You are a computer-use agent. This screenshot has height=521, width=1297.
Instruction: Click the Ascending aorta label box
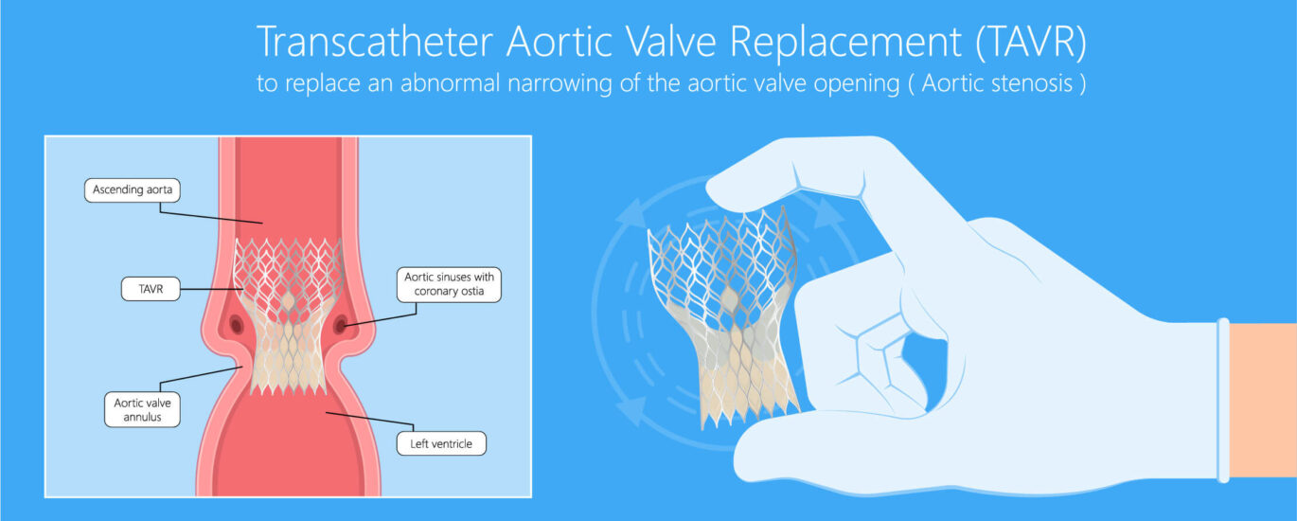132,190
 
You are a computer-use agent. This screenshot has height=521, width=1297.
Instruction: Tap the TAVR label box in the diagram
151,289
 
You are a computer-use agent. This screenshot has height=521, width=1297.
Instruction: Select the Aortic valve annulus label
142,410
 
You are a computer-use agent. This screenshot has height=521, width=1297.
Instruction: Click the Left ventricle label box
441,443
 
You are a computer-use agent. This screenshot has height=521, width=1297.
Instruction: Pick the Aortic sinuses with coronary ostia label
449,284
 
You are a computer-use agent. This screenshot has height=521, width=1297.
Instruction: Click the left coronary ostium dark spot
237,325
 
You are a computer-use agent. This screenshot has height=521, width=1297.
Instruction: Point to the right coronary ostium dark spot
341,325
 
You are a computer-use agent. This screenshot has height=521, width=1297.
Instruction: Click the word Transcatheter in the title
375,42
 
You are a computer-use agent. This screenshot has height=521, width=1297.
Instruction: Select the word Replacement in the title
845,43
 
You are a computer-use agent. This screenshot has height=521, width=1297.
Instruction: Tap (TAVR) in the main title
1031,43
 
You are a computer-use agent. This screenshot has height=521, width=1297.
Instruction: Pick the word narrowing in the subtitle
560,82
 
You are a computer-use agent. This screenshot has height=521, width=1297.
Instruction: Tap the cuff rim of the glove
1223,400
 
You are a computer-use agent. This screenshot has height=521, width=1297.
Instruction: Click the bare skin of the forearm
1263,400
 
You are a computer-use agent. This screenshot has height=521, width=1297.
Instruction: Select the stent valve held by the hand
724,318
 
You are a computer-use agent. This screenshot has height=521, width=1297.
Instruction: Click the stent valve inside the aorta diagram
288,315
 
